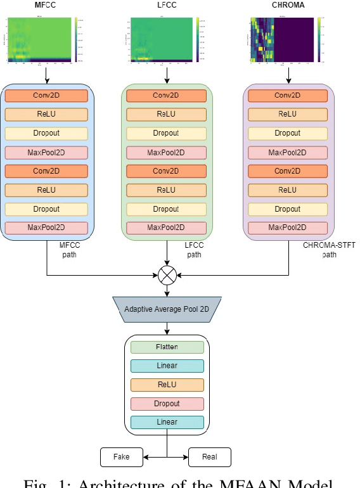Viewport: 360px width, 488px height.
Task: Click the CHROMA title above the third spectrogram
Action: click(289, 6)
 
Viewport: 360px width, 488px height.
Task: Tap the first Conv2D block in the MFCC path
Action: click(46, 96)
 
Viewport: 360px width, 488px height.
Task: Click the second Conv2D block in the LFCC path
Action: click(167, 171)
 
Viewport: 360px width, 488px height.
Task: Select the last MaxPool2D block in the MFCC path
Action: click(46, 228)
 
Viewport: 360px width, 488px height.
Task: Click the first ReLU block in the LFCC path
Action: click(167, 115)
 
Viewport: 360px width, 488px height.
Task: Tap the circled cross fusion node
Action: click(167, 276)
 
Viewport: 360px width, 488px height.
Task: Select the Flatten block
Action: click(167, 347)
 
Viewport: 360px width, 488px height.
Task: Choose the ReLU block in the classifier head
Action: click(167, 385)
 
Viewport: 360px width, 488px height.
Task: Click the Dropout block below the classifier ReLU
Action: click(167, 404)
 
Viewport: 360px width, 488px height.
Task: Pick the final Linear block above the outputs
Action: click(167, 422)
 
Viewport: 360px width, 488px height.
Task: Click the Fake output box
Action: click(121, 457)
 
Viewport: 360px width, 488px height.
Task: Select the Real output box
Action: click(209, 457)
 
